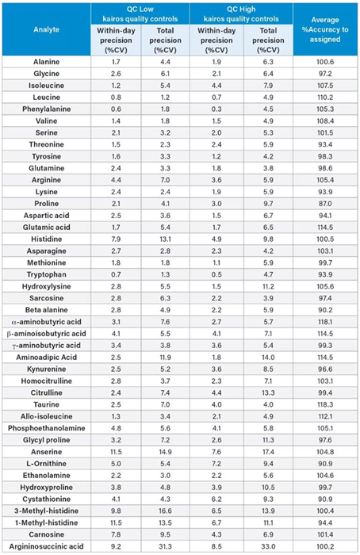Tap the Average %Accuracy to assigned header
[325, 29]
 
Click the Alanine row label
[65, 60]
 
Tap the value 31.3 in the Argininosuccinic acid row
[163, 545]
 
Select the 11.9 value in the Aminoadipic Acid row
[163, 358]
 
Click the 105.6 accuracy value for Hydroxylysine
[325, 262]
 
